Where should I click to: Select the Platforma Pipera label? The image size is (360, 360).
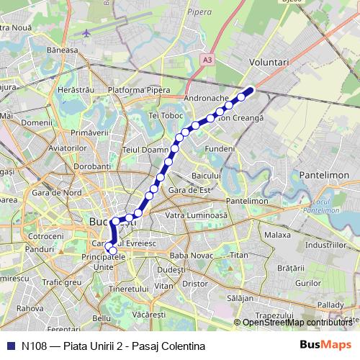tap(138, 90)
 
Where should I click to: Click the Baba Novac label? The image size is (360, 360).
tap(189, 255)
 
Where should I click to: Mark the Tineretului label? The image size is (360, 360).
tap(127, 288)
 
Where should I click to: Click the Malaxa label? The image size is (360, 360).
tap(277, 235)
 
